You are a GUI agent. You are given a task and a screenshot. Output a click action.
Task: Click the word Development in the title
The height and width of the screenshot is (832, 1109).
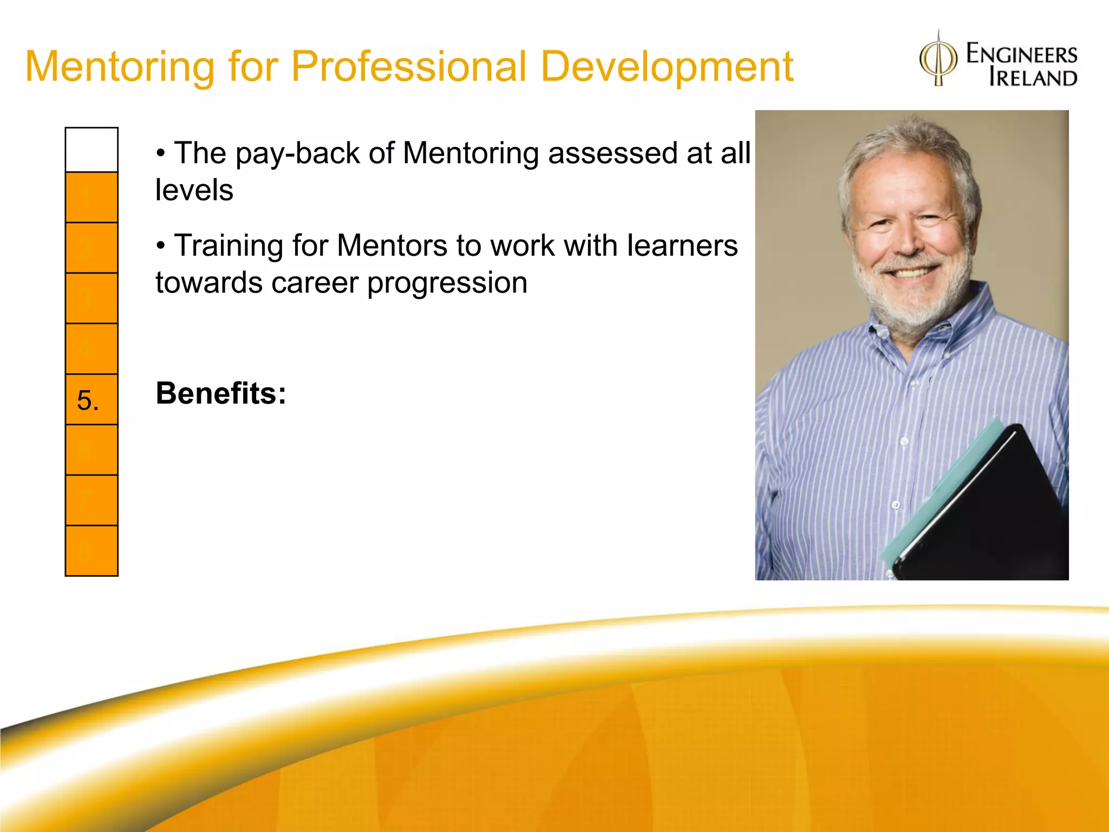[667, 67]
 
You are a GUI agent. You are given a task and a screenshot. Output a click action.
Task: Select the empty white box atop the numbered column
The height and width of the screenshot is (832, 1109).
[92, 150]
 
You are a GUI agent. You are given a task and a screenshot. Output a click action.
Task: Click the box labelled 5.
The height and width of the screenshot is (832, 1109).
[92, 400]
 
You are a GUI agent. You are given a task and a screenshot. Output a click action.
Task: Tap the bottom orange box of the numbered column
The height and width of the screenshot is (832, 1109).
[92, 550]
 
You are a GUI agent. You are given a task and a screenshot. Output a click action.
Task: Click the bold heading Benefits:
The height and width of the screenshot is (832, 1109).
[221, 393]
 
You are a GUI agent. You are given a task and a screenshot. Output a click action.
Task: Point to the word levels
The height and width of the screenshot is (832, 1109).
[194, 191]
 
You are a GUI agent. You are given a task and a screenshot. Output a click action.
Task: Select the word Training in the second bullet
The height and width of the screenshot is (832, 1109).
[228, 246]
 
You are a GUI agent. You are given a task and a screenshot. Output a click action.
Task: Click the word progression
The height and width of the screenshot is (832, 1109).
[447, 283]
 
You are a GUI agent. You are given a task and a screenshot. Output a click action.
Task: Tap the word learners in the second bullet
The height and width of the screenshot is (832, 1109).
[682, 246]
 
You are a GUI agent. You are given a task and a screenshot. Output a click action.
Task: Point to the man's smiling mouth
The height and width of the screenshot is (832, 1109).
[910, 271]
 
